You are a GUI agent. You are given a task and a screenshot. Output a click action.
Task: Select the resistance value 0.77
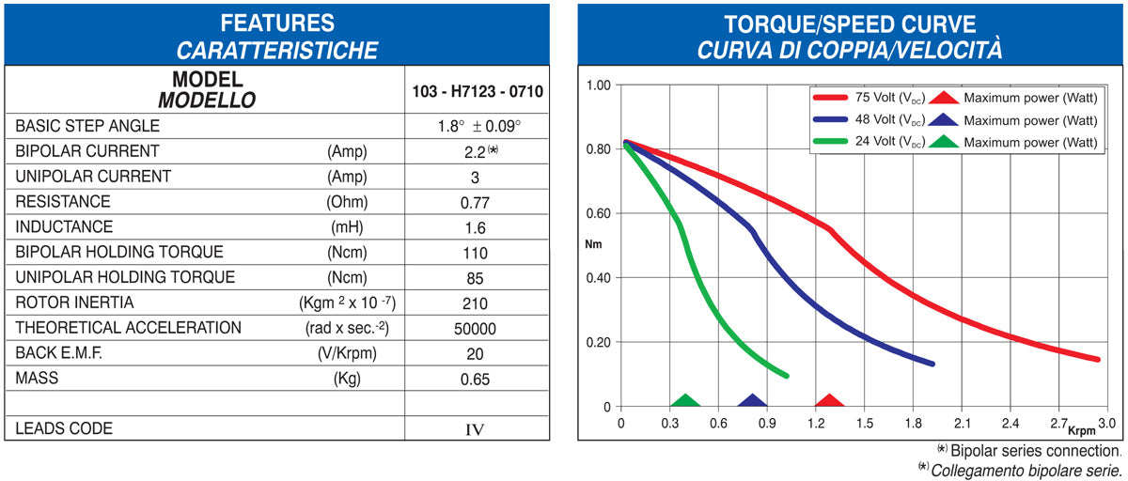(x=476, y=202)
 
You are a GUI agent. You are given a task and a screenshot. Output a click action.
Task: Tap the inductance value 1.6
(x=476, y=227)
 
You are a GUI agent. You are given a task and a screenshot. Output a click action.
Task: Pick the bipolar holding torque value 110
(x=476, y=253)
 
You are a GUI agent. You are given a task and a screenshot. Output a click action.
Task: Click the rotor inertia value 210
(x=476, y=303)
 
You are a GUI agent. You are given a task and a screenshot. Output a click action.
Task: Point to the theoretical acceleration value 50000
(x=476, y=329)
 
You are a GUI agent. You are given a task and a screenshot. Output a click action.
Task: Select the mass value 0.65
(x=476, y=380)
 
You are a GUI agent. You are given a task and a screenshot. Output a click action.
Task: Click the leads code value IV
(x=476, y=429)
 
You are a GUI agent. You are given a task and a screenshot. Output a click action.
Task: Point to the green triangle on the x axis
(x=686, y=401)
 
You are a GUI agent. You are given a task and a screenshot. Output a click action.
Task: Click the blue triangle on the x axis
(x=752, y=401)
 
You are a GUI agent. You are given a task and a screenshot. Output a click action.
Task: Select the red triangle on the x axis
(x=828, y=401)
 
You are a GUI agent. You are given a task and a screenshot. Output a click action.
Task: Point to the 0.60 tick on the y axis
(x=599, y=213)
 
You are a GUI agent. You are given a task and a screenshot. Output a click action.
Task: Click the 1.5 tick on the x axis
(x=865, y=424)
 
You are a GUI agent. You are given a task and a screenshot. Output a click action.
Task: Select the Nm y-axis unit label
(x=593, y=245)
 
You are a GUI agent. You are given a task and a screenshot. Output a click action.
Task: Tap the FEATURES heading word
(x=276, y=23)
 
